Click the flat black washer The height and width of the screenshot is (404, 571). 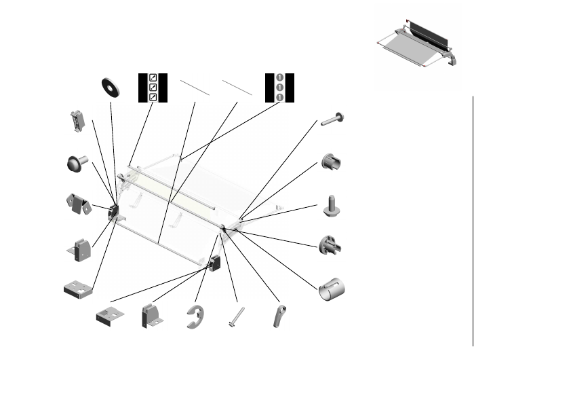109,86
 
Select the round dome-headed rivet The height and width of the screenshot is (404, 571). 77,163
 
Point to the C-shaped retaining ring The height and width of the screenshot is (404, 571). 195,317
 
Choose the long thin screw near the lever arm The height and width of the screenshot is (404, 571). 237,317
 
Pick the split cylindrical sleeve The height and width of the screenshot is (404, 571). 332,289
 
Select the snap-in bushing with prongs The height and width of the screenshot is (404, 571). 330,244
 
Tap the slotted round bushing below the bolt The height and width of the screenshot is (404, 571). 332,163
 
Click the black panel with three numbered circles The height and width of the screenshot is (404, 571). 279,87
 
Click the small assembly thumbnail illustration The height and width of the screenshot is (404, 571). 418,44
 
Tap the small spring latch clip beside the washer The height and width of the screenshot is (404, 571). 78,121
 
